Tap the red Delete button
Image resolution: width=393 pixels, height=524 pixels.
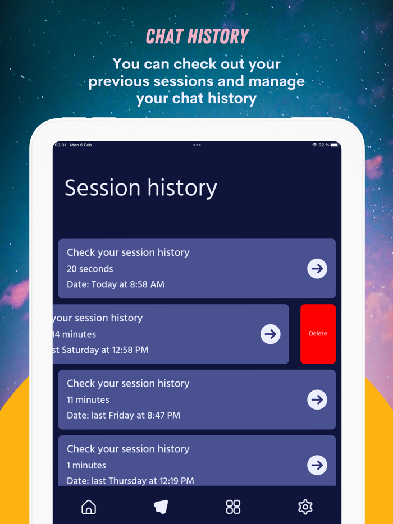tap(318, 334)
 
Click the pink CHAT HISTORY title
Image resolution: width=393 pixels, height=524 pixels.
tap(198, 36)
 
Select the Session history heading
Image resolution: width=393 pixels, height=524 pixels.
tap(141, 188)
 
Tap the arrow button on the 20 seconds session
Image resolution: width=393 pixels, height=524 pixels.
tap(317, 268)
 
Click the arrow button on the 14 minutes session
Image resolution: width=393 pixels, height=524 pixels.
tap(270, 334)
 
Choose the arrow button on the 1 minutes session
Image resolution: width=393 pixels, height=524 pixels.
tap(317, 465)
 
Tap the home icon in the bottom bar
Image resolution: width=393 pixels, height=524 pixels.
tap(89, 507)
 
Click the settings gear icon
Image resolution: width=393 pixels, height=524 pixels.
tap(305, 507)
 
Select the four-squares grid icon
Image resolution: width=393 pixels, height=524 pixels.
tap(233, 507)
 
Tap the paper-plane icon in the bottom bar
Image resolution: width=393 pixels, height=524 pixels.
tap(161, 507)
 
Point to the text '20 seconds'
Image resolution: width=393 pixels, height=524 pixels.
tap(90, 269)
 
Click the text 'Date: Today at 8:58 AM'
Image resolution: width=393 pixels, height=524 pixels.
tap(116, 284)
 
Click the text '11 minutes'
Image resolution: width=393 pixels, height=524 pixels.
tap(88, 399)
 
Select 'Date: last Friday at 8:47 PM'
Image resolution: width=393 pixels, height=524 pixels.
tap(124, 415)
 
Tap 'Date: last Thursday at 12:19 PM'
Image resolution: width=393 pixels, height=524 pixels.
tap(130, 481)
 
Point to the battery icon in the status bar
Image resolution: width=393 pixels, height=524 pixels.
tap(335, 145)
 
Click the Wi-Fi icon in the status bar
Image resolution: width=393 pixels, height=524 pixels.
tap(314, 145)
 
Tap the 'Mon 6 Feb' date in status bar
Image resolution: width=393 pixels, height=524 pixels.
tap(81, 145)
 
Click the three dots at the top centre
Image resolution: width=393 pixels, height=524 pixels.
tap(197, 145)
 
